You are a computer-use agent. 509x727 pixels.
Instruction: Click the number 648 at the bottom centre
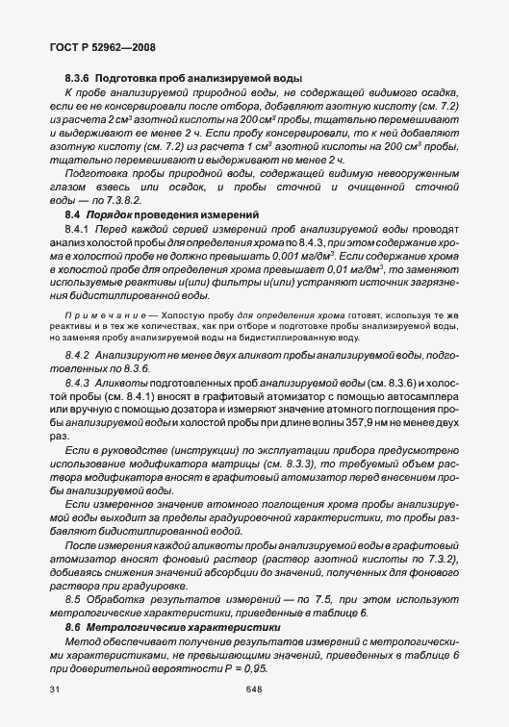pyautogui.click(x=254, y=689)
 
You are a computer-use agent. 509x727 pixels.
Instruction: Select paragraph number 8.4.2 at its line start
pyautogui.click(x=79, y=356)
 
